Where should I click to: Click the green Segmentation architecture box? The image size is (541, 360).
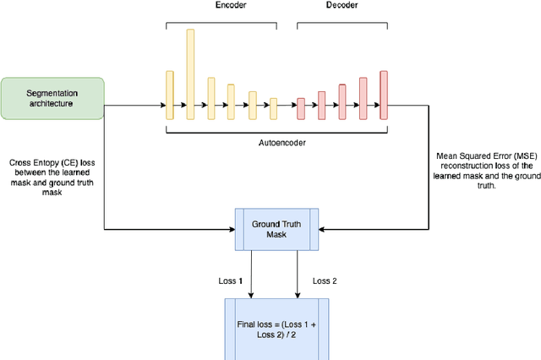click(x=52, y=98)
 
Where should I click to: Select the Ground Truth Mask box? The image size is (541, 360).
click(x=277, y=228)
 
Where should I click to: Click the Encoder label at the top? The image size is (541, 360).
click(x=221, y=5)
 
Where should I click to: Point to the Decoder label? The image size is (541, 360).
click(x=342, y=5)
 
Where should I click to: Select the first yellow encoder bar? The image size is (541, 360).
click(x=169, y=95)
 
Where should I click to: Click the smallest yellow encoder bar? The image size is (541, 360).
click(x=273, y=108)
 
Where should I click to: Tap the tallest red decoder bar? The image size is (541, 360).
click(x=384, y=95)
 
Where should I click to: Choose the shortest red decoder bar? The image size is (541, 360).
click(x=301, y=108)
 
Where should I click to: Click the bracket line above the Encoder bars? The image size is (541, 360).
click(x=221, y=23)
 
